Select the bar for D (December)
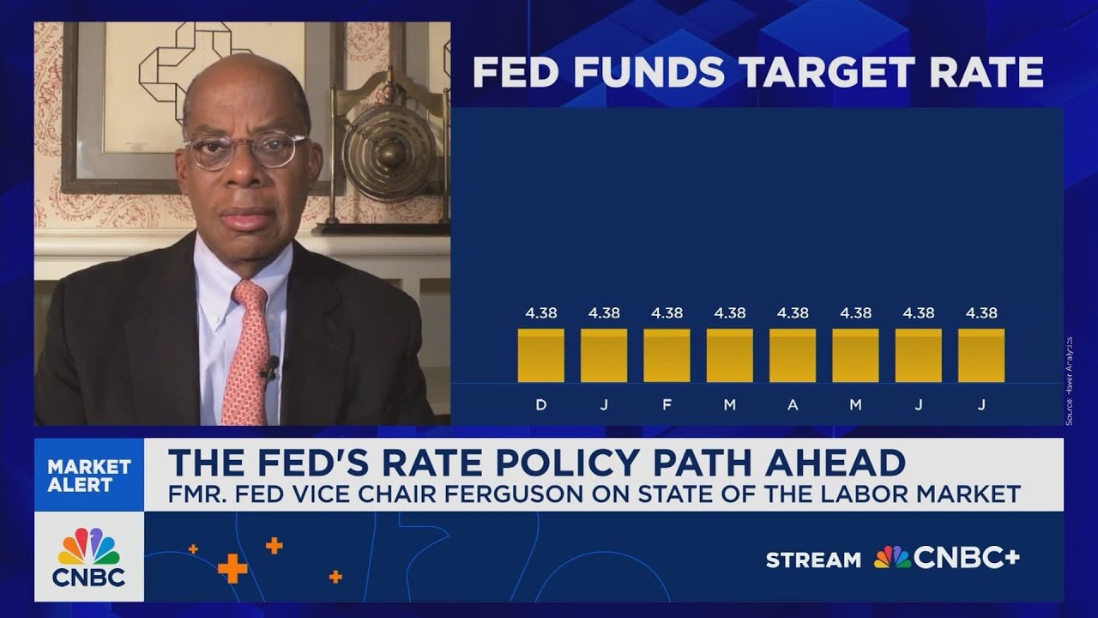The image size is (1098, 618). (x=540, y=354)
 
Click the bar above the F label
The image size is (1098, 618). (x=667, y=354)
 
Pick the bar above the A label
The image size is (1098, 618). (x=793, y=354)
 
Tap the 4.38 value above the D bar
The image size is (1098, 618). (x=541, y=313)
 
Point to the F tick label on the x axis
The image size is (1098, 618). (x=667, y=405)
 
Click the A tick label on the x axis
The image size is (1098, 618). (x=793, y=405)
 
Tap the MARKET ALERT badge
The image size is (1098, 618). (x=89, y=476)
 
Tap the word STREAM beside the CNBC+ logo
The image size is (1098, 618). (x=813, y=560)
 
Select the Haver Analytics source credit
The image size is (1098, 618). (x=1070, y=380)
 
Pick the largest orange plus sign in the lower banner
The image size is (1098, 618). (x=232, y=568)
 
